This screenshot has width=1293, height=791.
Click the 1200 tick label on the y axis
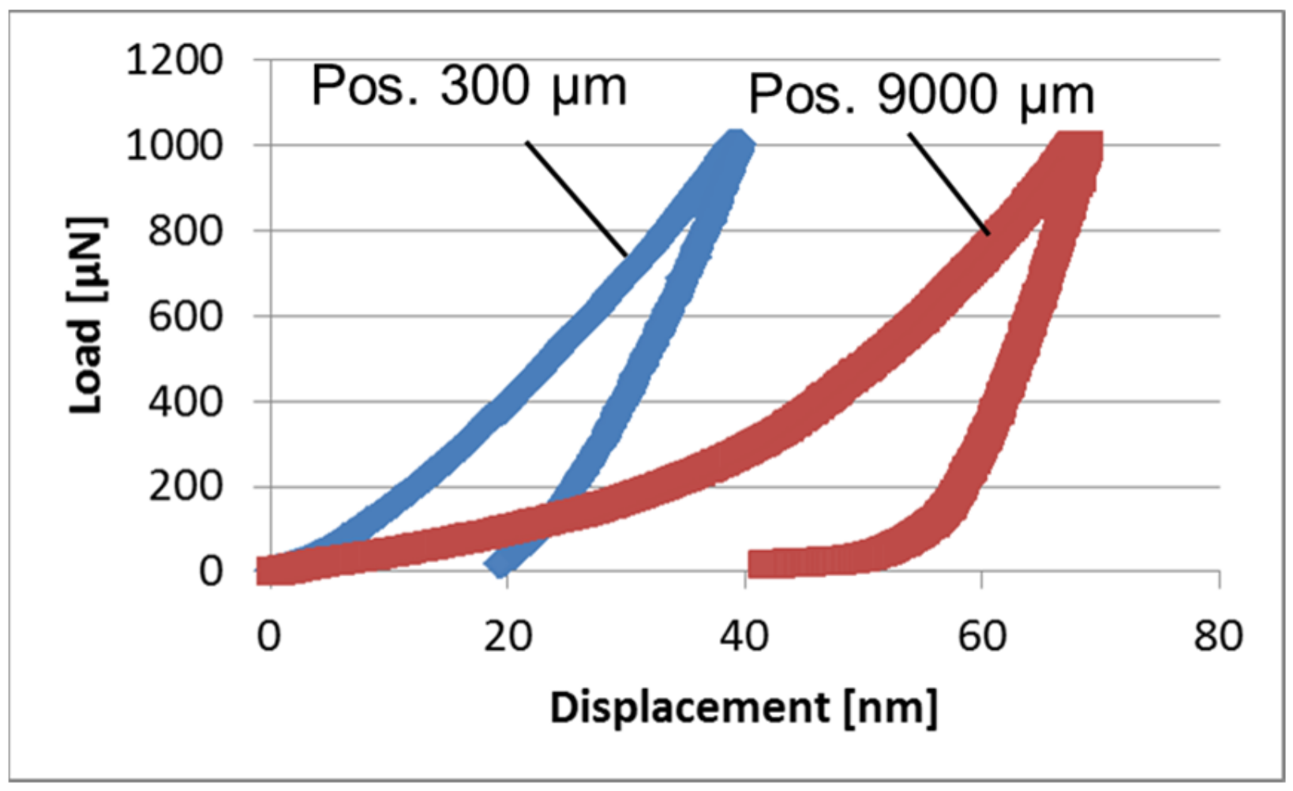click(174, 60)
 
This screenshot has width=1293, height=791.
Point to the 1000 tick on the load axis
click(174, 145)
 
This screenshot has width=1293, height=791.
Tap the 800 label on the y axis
click(186, 231)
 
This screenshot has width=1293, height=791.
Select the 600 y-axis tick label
click(186, 317)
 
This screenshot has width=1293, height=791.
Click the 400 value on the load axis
click(186, 402)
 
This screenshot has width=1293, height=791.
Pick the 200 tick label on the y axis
click(186, 486)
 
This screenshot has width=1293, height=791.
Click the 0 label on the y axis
click(211, 572)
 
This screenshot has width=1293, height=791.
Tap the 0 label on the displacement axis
click(269, 635)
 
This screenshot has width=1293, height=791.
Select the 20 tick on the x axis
click(508, 635)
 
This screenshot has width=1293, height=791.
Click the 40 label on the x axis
click(744, 635)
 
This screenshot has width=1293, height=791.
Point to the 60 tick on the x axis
click(982, 635)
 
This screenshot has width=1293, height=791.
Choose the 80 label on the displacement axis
click(1218, 635)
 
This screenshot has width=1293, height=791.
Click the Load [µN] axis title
click(86, 316)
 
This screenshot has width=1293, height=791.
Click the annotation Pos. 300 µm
click(469, 86)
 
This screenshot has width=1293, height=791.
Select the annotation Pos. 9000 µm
click(921, 96)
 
